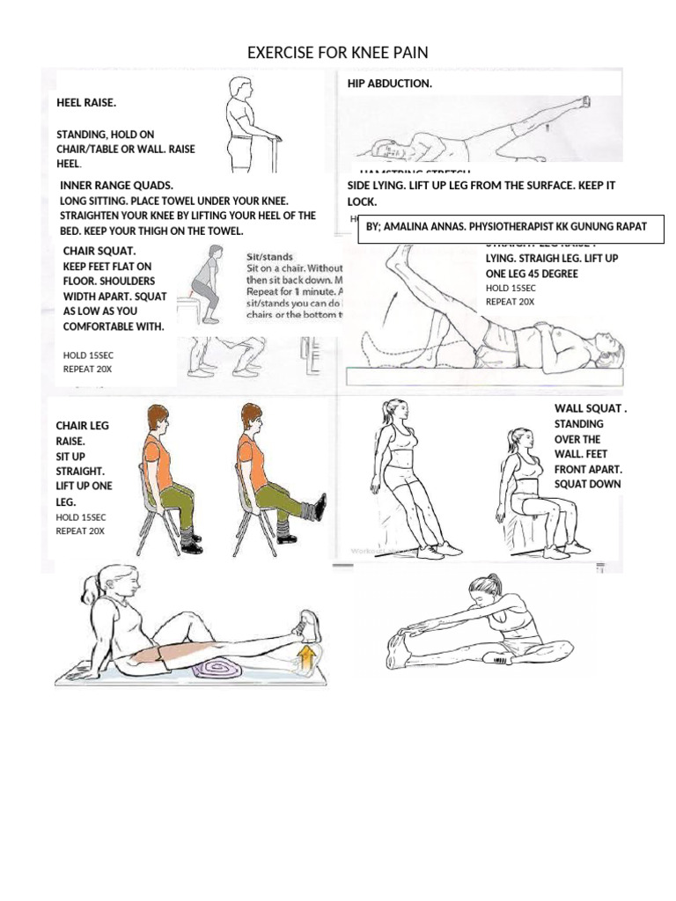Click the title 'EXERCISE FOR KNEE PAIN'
pyautogui.click(x=338, y=54)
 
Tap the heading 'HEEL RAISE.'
pyautogui.click(x=86, y=103)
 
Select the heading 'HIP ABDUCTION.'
pyautogui.click(x=389, y=84)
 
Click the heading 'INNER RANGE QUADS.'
pyautogui.click(x=116, y=186)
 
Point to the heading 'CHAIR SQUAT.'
pyautogui.click(x=99, y=252)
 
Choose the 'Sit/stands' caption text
pyautogui.click(x=269, y=257)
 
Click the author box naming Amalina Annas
pyautogui.click(x=506, y=227)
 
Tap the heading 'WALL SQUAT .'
pyautogui.click(x=591, y=409)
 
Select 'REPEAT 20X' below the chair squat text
pyautogui.click(x=87, y=370)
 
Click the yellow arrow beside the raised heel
pyautogui.click(x=306, y=656)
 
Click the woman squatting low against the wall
pyautogui.click(x=533, y=493)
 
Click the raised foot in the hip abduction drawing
pyautogui.click(x=580, y=104)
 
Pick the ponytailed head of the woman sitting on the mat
pyautogui.click(x=115, y=582)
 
